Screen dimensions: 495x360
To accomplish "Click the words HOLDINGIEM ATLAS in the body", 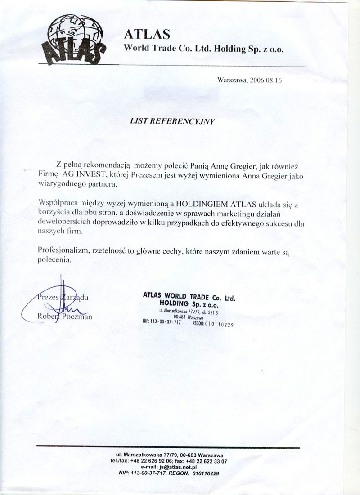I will coord(207,203).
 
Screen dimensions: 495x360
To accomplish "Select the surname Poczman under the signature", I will coord(76,317).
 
